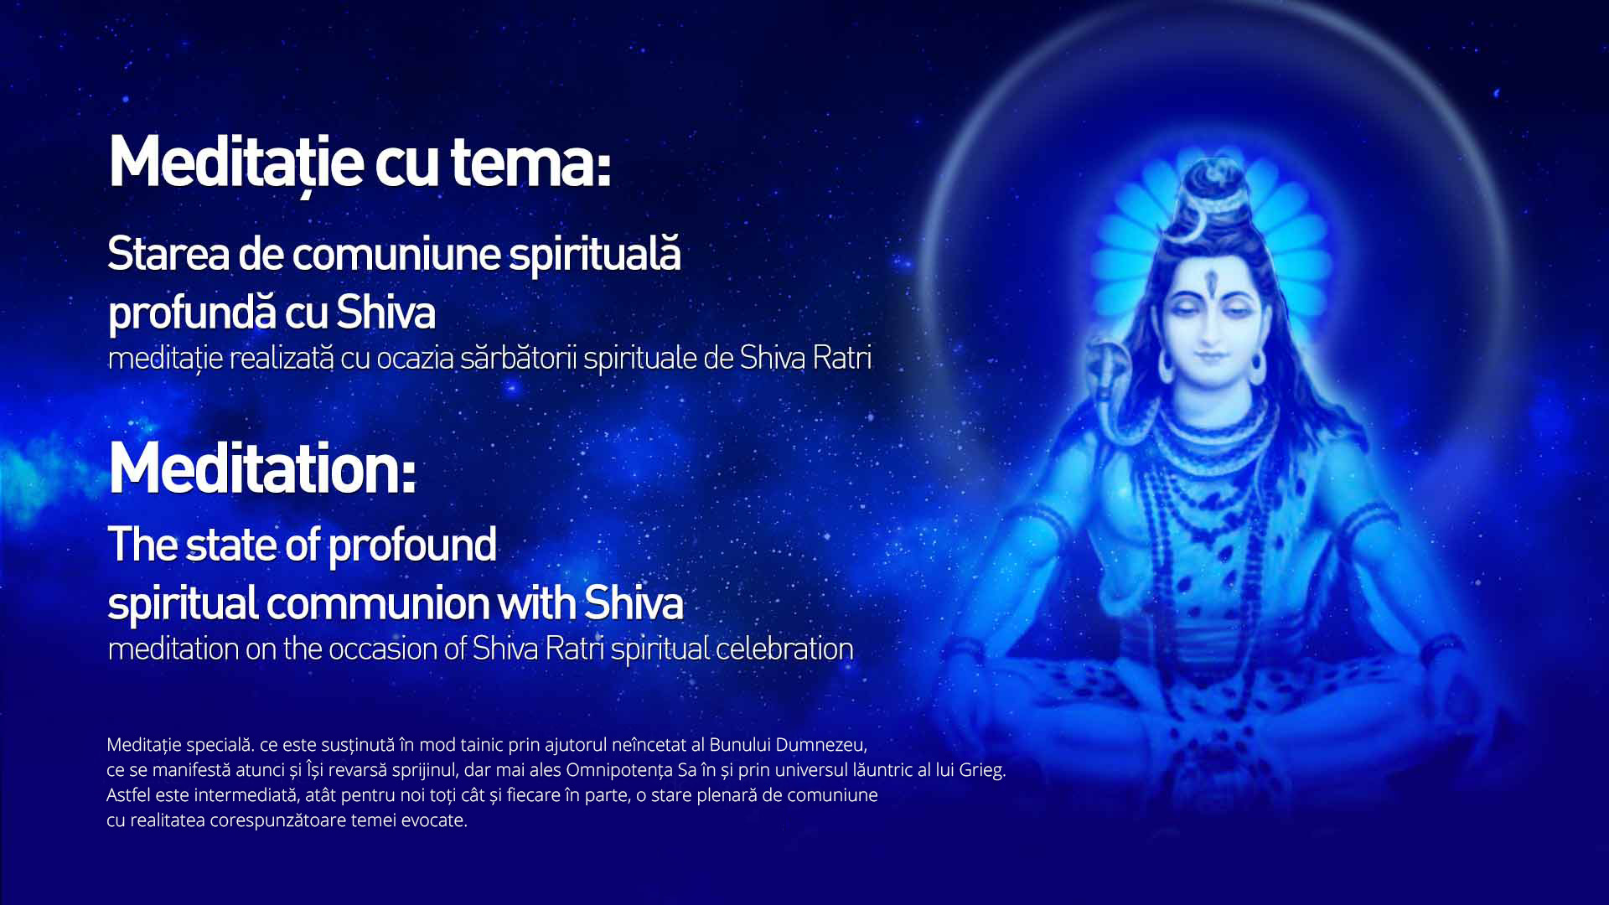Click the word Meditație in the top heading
[236, 163]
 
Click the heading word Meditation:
[262, 468]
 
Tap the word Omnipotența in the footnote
[619, 770]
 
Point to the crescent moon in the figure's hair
[1191, 230]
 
